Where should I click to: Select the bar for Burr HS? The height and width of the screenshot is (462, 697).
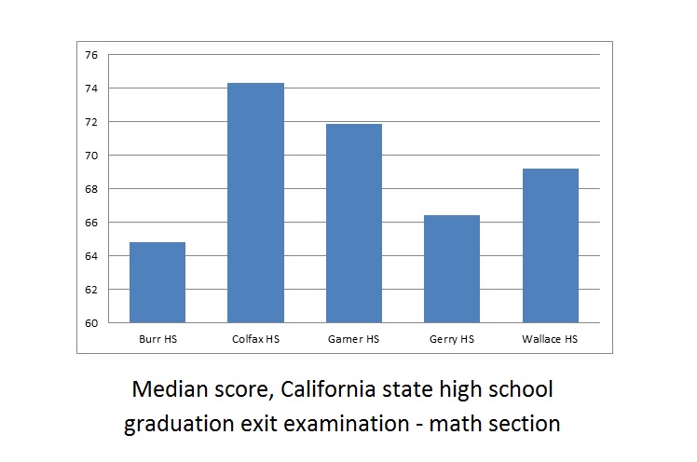click(157, 282)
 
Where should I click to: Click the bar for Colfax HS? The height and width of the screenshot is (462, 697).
click(256, 203)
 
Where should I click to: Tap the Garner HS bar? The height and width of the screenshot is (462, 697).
click(354, 224)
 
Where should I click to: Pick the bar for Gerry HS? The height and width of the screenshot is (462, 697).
click(452, 269)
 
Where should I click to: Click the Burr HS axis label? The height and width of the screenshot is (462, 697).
click(157, 339)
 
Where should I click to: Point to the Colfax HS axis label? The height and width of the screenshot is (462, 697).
click(256, 339)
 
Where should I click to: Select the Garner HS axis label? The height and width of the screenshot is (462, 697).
click(354, 339)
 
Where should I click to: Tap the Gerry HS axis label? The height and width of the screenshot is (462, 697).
click(452, 339)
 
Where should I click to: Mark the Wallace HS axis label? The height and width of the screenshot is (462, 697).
click(551, 339)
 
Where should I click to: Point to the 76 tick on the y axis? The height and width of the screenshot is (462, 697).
click(91, 55)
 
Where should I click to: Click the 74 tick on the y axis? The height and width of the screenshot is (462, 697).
click(91, 88)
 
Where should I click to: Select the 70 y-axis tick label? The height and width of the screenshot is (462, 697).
click(91, 156)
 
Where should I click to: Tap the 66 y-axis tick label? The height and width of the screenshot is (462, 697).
click(91, 223)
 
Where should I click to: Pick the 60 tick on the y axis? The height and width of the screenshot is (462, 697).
click(91, 323)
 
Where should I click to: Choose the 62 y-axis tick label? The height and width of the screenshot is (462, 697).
click(91, 290)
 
